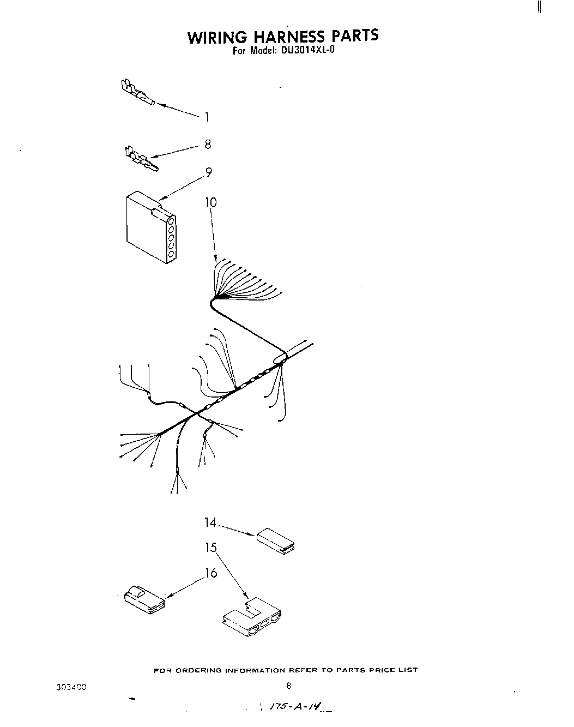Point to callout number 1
coord(207,117)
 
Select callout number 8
coord(207,145)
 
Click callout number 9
coord(208,172)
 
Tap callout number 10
coord(210,202)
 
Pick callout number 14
coord(210,522)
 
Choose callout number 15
coord(211,548)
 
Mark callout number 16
coord(211,573)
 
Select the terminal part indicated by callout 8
coord(141,158)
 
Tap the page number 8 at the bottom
coord(288,686)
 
